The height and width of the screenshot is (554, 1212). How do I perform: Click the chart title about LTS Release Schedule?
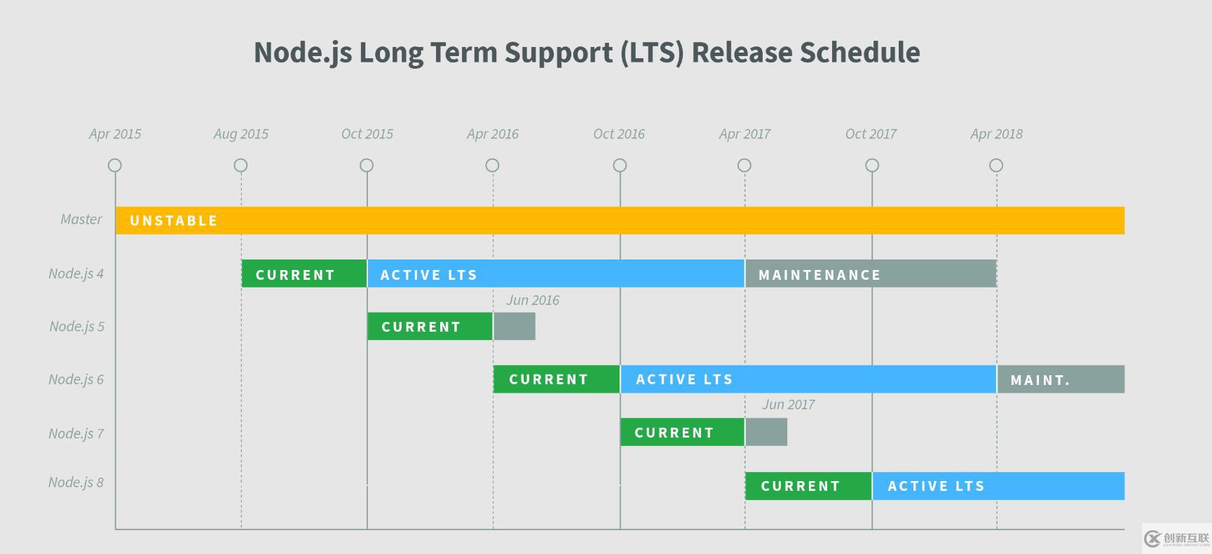pos(587,53)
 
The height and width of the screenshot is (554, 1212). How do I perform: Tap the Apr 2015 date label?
pos(115,134)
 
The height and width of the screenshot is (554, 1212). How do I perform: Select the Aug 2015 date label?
pos(240,134)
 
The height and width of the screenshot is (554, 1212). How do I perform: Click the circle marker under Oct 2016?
pos(620,165)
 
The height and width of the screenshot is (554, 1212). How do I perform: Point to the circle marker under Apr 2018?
pos(996,165)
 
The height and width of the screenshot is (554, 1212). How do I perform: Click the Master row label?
pos(81,219)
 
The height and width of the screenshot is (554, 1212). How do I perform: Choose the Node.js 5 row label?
pos(77,327)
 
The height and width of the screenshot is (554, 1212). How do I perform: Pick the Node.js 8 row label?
pos(76,482)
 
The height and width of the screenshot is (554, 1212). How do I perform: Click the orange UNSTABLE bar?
pos(620,220)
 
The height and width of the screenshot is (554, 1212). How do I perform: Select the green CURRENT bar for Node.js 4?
pos(304,274)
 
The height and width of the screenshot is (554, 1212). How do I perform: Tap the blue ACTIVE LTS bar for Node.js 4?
pos(555,274)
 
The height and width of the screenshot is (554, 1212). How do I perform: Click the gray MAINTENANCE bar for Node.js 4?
pos(870,274)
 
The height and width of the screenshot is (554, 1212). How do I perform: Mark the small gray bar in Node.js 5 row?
pos(515,327)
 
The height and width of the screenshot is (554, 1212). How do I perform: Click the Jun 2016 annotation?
pos(533,301)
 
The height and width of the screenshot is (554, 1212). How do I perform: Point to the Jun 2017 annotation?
pos(788,405)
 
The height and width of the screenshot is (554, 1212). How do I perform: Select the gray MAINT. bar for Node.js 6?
pos(1061,379)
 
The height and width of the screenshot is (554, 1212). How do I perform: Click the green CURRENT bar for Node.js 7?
pos(682,433)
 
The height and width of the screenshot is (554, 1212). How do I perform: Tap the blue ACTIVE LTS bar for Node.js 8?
pos(998,486)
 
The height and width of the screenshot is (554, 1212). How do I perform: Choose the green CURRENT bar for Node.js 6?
pos(557,379)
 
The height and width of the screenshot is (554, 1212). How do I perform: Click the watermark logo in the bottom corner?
pos(1176,539)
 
